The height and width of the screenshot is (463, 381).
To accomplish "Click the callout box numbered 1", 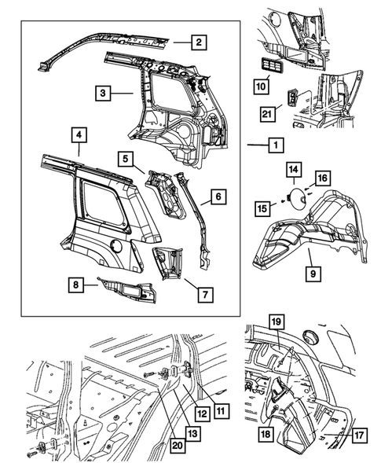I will point(275,145).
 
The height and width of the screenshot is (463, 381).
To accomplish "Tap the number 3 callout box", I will point(103,94).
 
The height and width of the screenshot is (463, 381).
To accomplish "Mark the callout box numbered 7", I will point(204,295).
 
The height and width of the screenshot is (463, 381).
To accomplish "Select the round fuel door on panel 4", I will point(115,245).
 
